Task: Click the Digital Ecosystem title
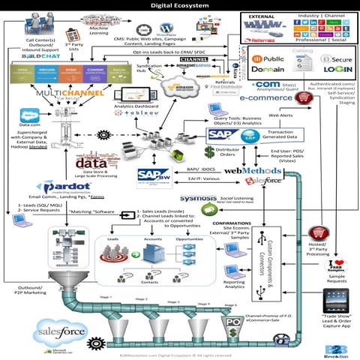pos(180,4)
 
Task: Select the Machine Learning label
pos(111,29)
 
